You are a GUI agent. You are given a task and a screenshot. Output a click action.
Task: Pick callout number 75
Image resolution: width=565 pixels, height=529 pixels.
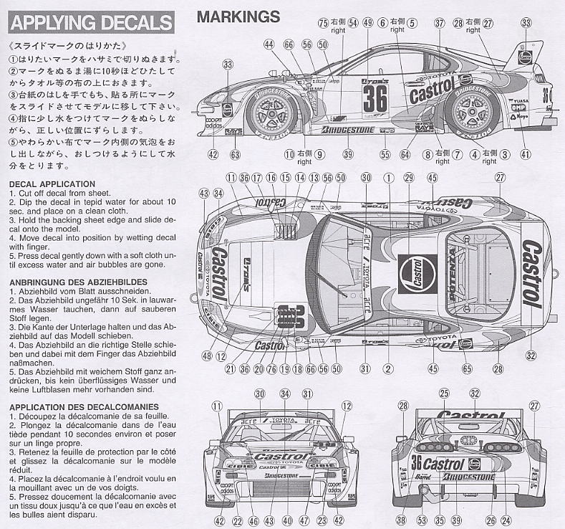coord(324,24)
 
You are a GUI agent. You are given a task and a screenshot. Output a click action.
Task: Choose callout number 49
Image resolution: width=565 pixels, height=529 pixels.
coord(368,24)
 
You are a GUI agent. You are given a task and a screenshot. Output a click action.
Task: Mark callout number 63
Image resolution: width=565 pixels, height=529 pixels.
coord(235,154)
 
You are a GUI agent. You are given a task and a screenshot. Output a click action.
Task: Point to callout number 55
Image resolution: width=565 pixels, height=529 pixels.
coord(385,154)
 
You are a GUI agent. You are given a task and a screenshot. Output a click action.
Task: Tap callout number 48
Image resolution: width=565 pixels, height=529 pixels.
coord(208,356)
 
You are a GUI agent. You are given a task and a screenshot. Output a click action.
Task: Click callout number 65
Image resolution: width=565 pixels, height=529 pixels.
coord(467,369)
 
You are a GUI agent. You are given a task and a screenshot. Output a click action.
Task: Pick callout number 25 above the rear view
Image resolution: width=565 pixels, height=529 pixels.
coord(443,394)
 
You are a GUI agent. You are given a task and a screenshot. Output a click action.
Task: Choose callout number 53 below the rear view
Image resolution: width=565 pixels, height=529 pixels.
coord(421,520)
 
